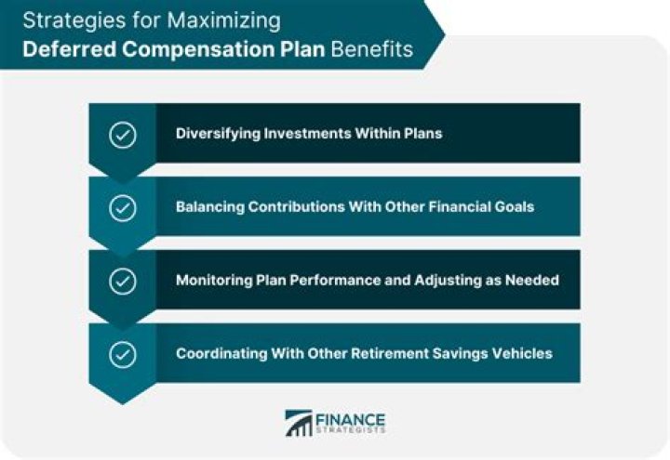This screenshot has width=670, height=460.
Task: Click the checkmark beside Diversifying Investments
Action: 123,134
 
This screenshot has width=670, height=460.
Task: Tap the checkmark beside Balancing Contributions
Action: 123,207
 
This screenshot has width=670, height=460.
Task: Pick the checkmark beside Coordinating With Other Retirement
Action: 123,354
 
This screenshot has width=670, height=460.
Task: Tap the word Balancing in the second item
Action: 208,206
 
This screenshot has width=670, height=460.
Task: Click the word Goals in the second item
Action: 514,206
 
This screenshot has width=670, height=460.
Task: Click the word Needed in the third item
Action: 533,280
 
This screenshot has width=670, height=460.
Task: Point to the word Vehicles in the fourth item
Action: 523,353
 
